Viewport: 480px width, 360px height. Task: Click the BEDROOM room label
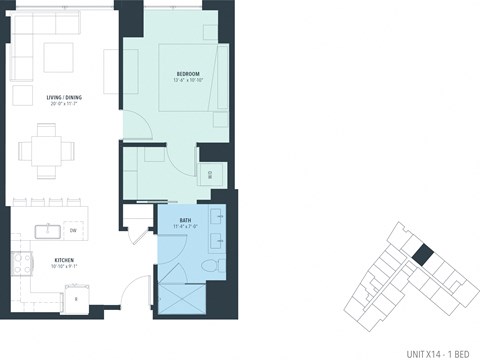[x=189, y=74]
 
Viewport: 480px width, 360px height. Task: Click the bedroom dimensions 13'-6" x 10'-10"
[x=189, y=81]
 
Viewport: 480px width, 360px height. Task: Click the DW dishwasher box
[x=73, y=231]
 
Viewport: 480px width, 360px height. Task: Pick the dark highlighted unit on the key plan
[x=423, y=257]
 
